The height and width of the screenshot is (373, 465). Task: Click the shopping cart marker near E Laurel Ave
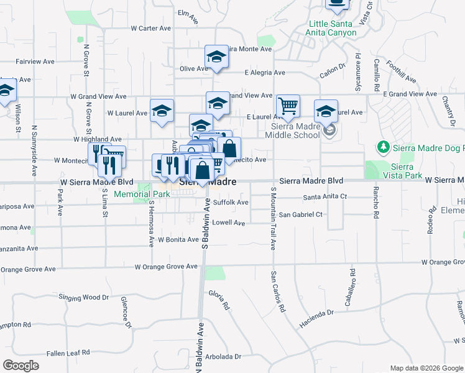click(288, 106)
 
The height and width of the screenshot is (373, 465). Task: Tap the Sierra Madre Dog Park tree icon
click(384, 147)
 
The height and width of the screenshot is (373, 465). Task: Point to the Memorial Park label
click(142, 194)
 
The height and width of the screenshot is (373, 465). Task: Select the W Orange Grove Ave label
click(167, 266)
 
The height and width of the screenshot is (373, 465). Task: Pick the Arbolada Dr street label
click(221, 357)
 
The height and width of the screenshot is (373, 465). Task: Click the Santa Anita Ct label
click(324, 197)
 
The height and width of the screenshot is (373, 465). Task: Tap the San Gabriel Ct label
click(300, 214)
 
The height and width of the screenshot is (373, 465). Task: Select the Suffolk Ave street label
click(231, 203)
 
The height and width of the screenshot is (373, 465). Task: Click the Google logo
click(21, 366)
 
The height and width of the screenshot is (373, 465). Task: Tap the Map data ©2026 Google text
click(426, 368)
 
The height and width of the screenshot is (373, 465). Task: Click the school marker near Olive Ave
click(216, 58)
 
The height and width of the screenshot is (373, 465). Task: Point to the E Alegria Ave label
click(265, 73)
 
